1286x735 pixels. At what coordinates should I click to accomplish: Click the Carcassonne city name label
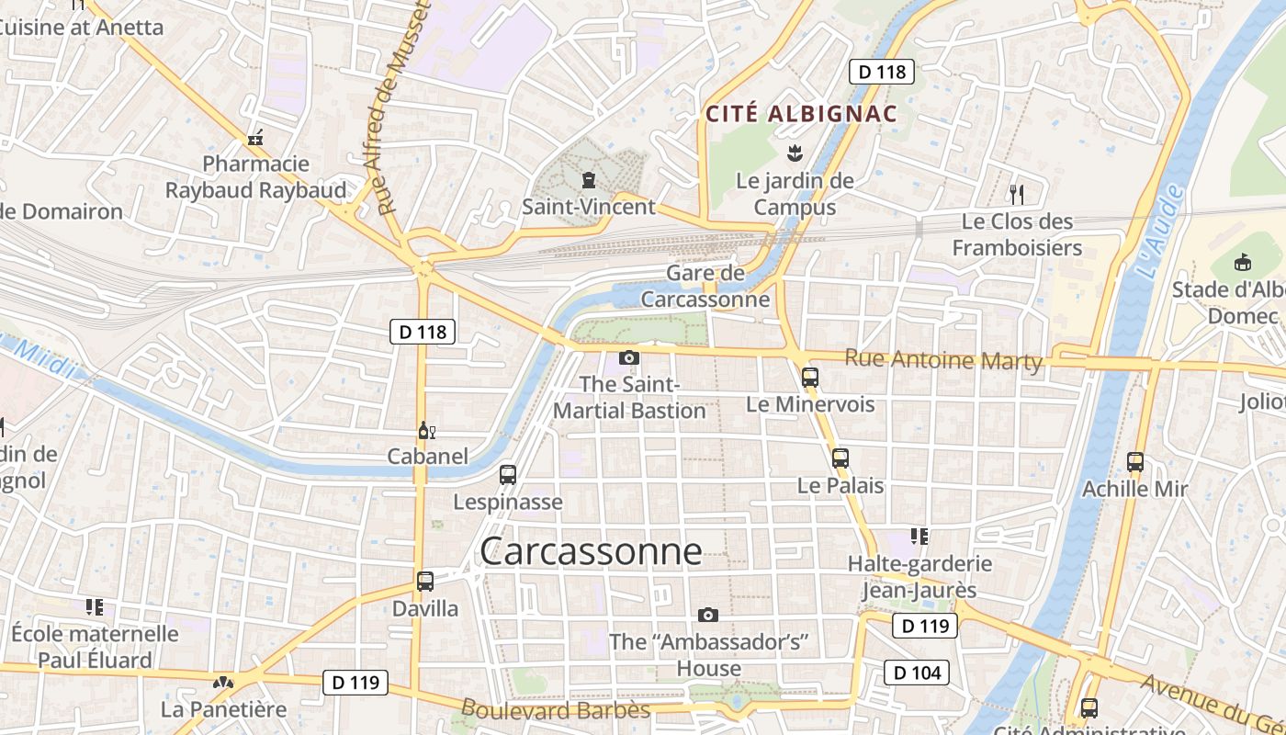point(591,551)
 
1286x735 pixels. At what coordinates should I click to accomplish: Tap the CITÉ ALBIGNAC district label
point(800,114)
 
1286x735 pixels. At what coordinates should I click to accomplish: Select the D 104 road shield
point(916,673)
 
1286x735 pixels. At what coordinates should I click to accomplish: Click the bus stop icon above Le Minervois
point(809,377)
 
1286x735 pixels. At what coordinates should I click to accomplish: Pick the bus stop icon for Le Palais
point(840,458)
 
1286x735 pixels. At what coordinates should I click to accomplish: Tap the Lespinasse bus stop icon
point(508,475)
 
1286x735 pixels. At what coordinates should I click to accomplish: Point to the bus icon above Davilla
point(424,581)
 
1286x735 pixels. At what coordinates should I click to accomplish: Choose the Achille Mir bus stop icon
point(1135,462)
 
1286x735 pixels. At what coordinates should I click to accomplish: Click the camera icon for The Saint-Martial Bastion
point(629,357)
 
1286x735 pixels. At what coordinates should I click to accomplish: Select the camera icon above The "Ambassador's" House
point(708,615)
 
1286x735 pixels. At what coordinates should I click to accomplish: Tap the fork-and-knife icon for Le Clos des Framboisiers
point(1016,194)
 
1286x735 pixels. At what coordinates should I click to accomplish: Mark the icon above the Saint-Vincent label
point(588,179)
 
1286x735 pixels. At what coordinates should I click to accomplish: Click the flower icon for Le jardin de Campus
point(795,153)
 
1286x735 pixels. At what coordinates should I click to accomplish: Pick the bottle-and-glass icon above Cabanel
point(426,430)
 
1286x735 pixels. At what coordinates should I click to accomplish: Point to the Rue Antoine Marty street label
point(943,360)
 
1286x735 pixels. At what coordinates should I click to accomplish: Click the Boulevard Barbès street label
point(555,710)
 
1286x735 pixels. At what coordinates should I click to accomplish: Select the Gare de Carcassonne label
point(705,286)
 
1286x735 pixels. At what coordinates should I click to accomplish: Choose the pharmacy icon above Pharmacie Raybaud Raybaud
point(255,138)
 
